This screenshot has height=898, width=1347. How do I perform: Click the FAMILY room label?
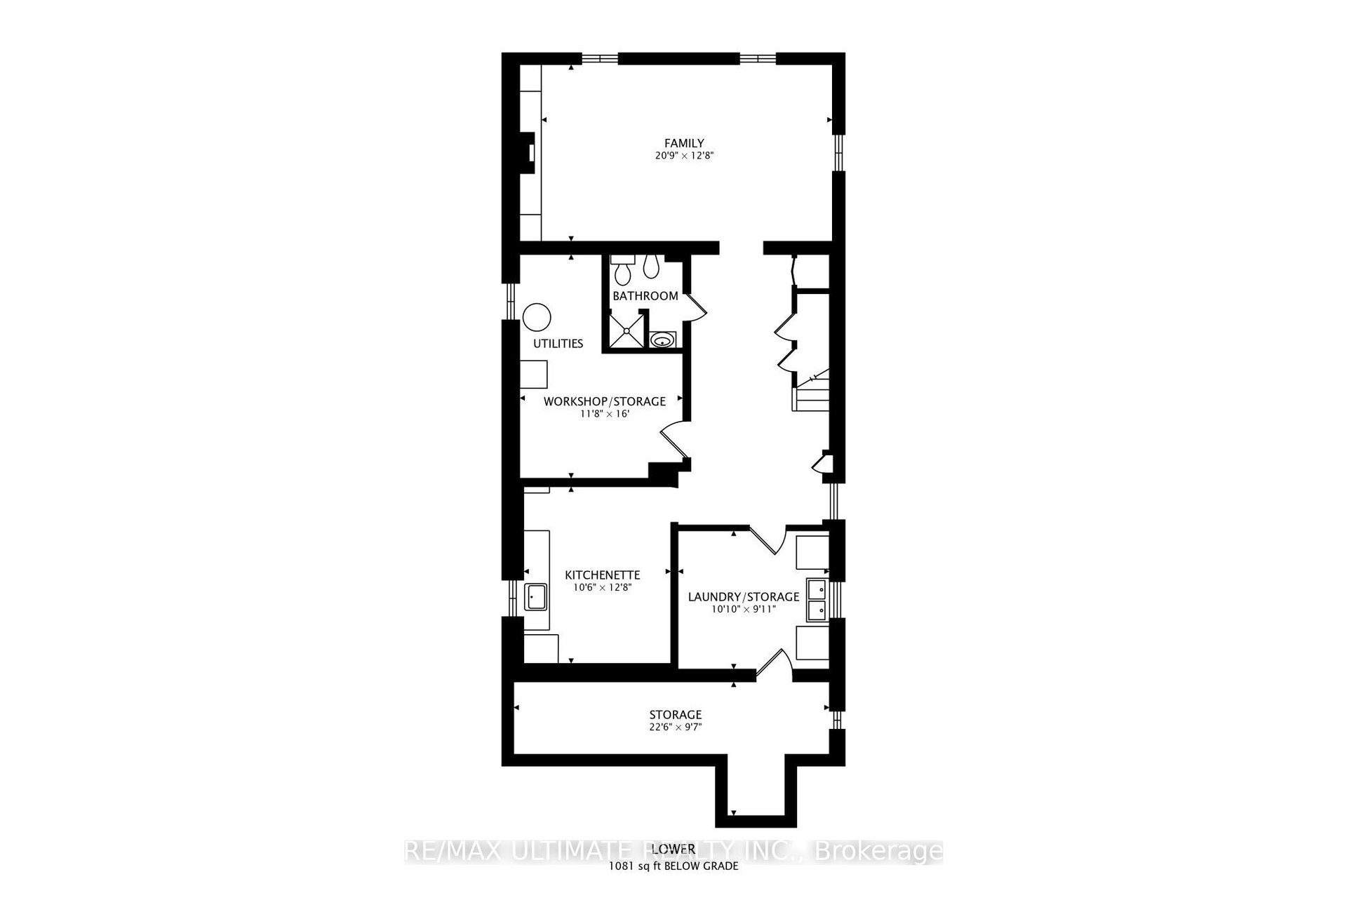click(684, 144)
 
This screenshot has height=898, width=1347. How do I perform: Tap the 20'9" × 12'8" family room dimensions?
click(684, 156)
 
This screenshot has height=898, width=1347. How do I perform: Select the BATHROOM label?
click(645, 296)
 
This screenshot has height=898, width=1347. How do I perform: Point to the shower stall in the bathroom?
click(624, 330)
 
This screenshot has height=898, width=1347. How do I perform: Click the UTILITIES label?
click(558, 344)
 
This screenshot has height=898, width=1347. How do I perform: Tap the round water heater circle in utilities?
click(537, 317)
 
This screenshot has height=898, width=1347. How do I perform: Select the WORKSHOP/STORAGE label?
click(605, 402)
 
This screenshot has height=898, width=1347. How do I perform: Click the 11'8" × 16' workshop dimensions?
click(605, 414)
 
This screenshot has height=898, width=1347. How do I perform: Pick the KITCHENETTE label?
click(603, 575)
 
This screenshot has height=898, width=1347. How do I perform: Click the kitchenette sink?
click(537, 598)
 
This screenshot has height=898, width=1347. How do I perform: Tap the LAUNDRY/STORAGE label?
click(744, 597)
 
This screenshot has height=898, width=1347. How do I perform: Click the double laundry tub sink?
click(817, 600)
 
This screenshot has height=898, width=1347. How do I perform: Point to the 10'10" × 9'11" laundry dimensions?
click(744, 609)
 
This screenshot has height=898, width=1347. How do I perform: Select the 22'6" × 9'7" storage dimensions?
click(675, 727)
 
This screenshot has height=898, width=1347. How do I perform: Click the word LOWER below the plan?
click(673, 850)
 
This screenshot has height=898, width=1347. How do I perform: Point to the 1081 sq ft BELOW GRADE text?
click(673, 866)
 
